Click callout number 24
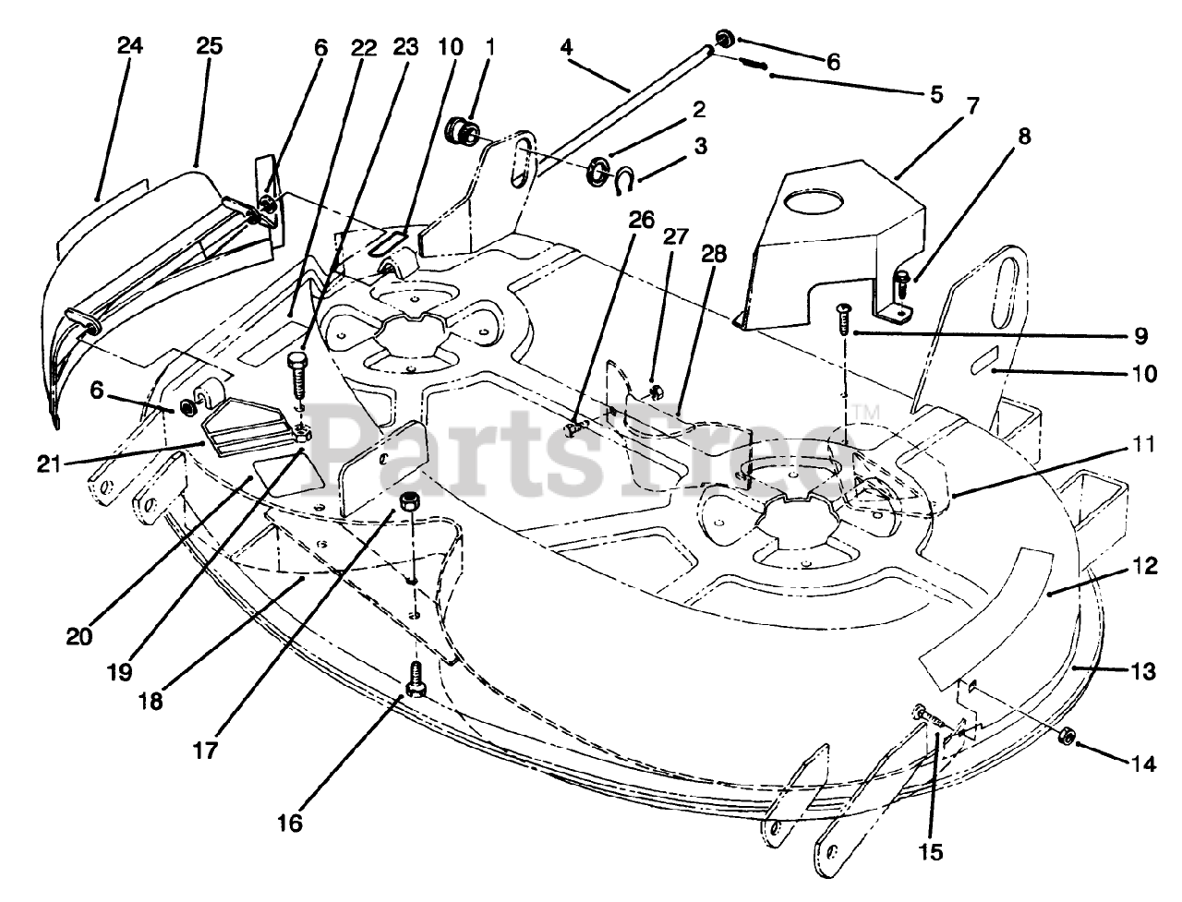[130, 45]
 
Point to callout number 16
[289, 822]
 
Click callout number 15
[931, 852]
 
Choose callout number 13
[1143, 672]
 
